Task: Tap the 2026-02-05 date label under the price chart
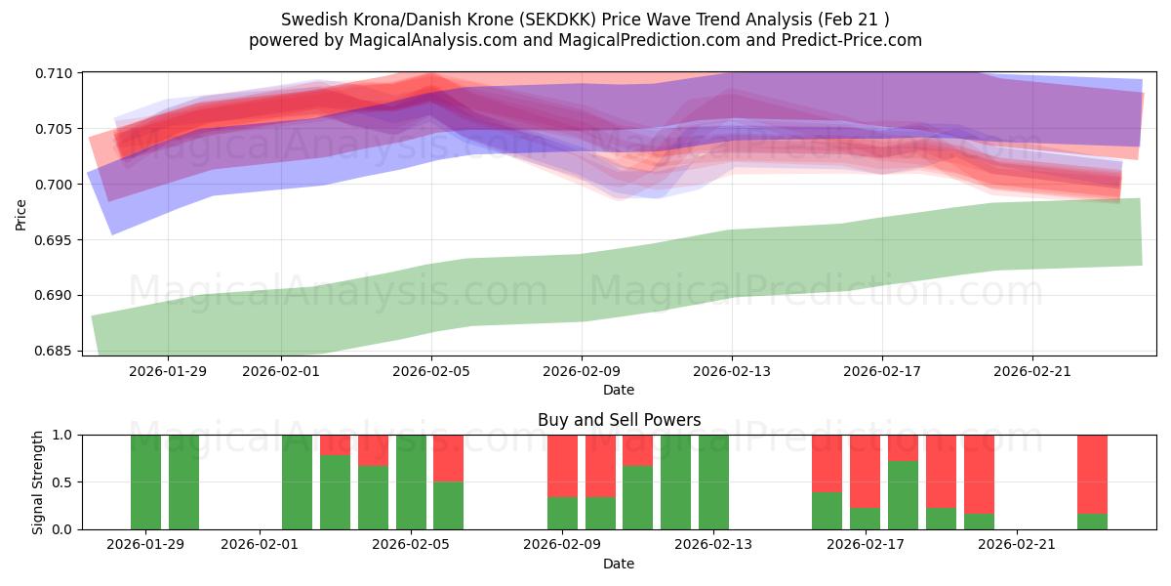[x=431, y=371]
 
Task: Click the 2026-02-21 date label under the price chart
[x=1032, y=371]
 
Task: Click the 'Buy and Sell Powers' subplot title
[x=619, y=420]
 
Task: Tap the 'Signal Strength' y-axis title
[x=38, y=481]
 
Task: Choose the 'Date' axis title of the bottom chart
[x=619, y=564]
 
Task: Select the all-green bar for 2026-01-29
[x=145, y=481]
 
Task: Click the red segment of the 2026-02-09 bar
[x=562, y=466]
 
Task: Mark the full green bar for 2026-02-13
[x=713, y=481]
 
